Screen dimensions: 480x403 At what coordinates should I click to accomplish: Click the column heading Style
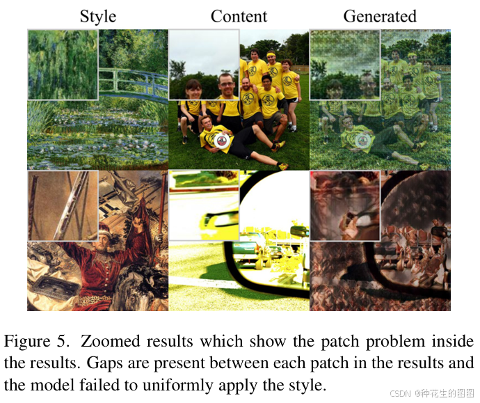point(98,16)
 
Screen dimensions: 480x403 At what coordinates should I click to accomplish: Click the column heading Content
point(239,16)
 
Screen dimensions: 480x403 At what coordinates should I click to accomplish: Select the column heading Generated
point(380,16)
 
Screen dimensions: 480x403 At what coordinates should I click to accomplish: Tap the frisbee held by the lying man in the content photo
point(222,141)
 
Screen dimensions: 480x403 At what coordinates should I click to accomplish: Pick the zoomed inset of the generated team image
point(344,64)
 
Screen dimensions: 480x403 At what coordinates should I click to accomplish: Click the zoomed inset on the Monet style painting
point(63,64)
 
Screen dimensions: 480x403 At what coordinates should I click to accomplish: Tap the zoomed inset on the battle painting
point(63,206)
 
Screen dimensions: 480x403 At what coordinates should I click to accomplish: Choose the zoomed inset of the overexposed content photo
point(204,206)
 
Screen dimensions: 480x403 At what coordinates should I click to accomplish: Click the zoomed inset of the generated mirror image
point(344,206)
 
